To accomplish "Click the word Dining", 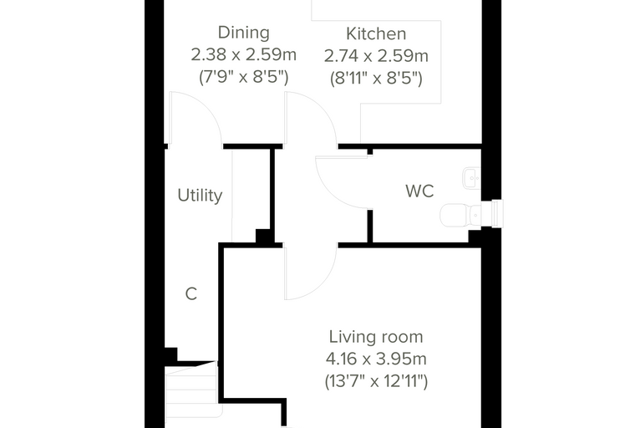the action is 243,33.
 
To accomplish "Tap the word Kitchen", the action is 376,34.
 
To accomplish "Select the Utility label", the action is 200,196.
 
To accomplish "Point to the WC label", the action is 419,191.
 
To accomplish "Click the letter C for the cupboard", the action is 191,294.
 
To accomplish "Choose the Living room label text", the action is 376,337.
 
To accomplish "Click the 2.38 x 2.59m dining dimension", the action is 243,54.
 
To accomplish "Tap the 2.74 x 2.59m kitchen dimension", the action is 376,56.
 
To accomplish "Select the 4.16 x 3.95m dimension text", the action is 376,359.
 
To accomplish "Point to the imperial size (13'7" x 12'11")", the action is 376,381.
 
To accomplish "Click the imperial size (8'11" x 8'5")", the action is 376,78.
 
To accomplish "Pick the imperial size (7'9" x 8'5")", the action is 243,77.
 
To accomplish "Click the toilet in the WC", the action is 460,215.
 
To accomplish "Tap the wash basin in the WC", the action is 471,178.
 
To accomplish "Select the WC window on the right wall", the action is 497,213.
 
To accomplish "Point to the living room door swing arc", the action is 324,283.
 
